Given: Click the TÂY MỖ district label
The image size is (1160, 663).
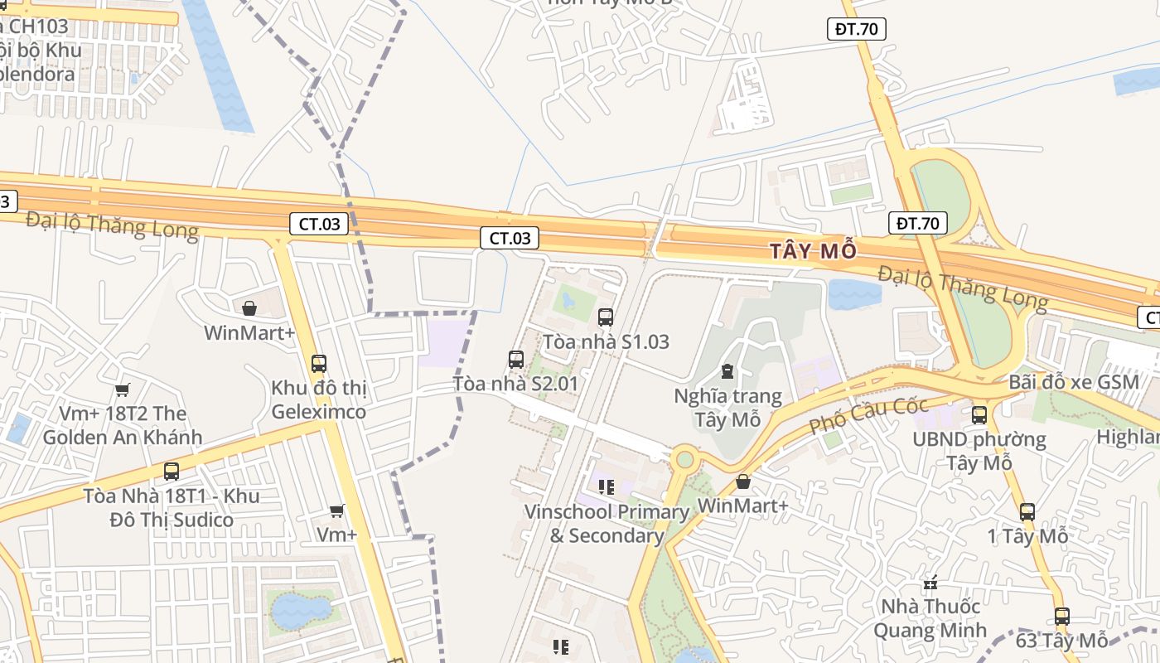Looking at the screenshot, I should pyautogui.click(x=812, y=251).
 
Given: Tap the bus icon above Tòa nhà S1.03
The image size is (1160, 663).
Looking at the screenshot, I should pyautogui.click(x=606, y=317).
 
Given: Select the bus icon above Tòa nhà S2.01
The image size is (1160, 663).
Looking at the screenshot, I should pyautogui.click(x=516, y=360).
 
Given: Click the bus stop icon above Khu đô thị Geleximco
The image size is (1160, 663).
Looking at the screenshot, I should pyautogui.click(x=319, y=363).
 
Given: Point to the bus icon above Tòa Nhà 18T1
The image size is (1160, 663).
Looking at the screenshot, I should pyautogui.click(x=172, y=472).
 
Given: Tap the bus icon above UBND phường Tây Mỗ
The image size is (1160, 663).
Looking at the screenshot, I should pyautogui.click(x=979, y=414).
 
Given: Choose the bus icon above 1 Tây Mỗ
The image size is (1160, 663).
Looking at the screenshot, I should pyautogui.click(x=1027, y=512).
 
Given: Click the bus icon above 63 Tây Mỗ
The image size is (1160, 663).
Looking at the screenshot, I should pyautogui.click(x=1062, y=617).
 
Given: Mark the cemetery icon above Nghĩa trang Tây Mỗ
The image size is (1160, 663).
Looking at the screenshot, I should pyautogui.click(x=727, y=370).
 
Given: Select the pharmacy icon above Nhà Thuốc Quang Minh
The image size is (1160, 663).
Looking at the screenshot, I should pyautogui.click(x=930, y=583).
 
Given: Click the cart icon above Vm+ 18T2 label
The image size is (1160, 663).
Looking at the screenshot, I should pyautogui.click(x=123, y=390).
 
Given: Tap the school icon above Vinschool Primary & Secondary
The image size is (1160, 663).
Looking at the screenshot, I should pyautogui.click(x=606, y=487).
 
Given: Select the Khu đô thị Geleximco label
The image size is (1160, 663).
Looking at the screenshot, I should pyautogui.click(x=319, y=399).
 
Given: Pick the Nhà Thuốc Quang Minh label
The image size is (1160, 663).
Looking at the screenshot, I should pyautogui.click(x=930, y=618).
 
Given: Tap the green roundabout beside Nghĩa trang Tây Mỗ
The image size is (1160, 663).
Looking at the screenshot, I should pyautogui.click(x=684, y=458).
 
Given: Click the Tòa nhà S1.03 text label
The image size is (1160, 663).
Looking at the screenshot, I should pyautogui.click(x=606, y=341).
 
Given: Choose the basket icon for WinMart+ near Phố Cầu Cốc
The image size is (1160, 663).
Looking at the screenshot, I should pyautogui.click(x=743, y=482).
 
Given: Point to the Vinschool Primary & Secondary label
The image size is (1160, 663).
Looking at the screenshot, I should pyautogui.click(x=607, y=524).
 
